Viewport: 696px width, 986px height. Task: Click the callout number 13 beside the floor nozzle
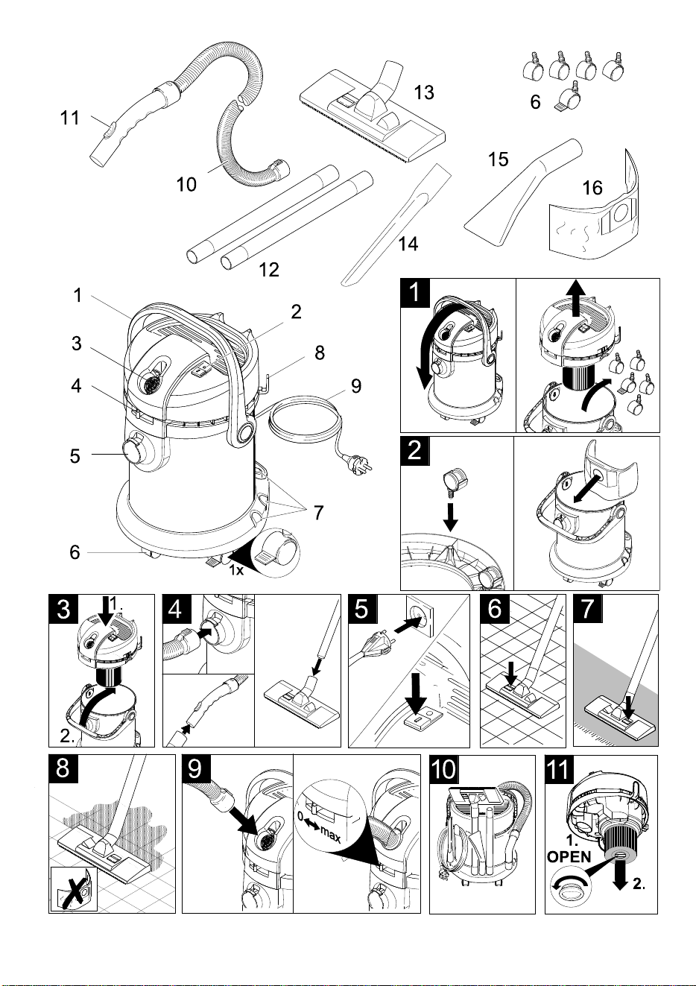coord(424,93)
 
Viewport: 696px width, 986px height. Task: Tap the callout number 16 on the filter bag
coord(592,188)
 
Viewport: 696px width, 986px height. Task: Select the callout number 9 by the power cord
coord(355,386)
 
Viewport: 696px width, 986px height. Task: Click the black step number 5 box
coord(362,609)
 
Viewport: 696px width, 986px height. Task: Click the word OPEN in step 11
coord(569,856)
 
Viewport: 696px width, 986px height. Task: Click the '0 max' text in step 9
coord(319,828)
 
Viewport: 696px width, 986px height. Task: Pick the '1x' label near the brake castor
coord(236,570)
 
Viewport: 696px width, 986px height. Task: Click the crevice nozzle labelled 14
coord(396,225)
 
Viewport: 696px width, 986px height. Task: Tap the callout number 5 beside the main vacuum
coord(75,456)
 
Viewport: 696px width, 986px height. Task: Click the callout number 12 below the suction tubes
coord(269,269)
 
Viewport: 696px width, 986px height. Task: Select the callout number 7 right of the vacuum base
coord(318,512)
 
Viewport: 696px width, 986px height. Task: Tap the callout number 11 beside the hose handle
coord(70,118)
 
